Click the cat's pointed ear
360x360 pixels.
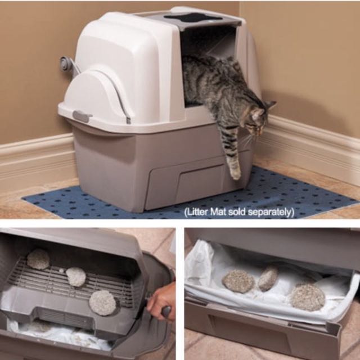click(271, 105)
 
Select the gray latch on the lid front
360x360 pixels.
click(81, 116)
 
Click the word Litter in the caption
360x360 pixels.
click(197, 211)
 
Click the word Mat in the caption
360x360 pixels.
click(217, 211)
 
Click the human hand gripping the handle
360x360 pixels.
click(161, 299)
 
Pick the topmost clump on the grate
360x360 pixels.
click(38, 259)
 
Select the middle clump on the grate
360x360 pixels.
click(76, 277)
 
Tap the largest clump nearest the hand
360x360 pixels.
click(102, 303)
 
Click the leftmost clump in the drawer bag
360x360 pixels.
click(238, 281)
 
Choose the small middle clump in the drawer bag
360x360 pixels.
click(268, 278)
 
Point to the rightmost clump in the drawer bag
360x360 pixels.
click(307, 297)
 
